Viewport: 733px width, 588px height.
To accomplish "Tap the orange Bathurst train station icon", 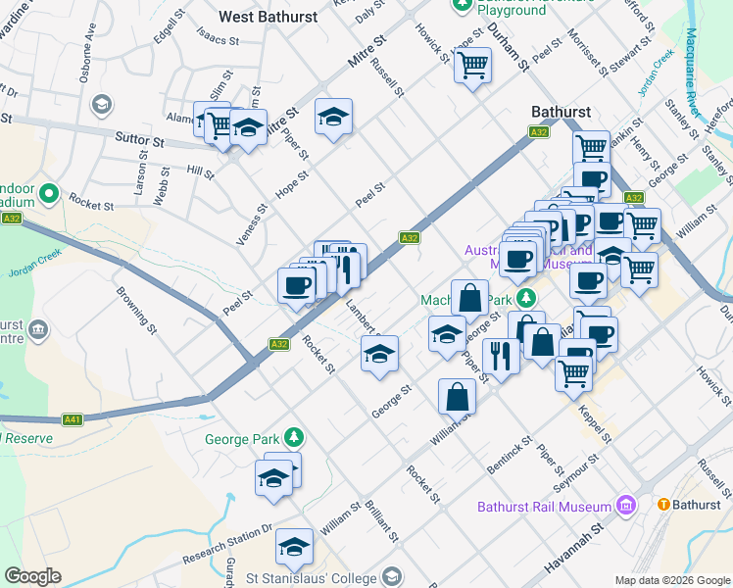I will [663, 504].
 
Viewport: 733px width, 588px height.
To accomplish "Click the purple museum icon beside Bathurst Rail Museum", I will [626, 506].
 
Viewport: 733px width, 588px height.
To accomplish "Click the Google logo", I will [32, 576].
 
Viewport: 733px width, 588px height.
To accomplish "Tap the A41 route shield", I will [72, 419].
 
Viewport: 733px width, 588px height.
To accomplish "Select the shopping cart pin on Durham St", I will [472, 66].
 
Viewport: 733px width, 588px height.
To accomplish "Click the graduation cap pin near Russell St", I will [333, 117].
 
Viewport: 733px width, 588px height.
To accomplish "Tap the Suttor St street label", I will [138, 141].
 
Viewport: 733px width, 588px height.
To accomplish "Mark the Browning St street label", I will [133, 306].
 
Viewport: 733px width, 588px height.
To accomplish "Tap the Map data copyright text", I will [671, 580].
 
